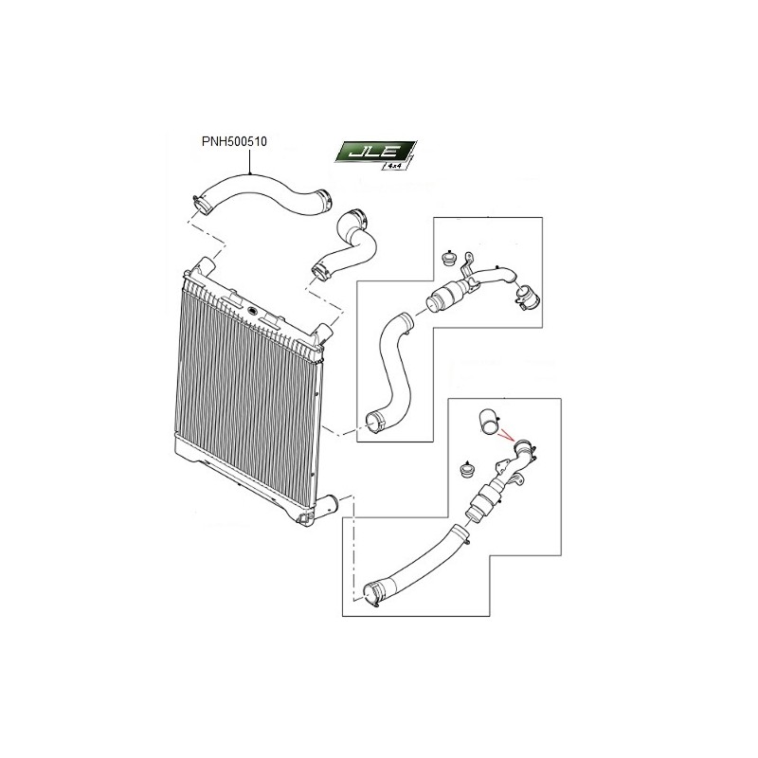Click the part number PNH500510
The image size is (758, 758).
(x=234, y=141)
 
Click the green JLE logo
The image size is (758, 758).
(x=374, y=152)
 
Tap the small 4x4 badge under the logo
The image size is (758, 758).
(x=395, y=165)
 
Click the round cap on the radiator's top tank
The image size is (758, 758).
(x=251, y=310)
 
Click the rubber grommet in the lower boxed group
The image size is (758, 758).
(x=466, y=468)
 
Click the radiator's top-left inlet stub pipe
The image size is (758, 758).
(x=205, y=265)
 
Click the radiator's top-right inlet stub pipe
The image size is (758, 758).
(x=322, y=334)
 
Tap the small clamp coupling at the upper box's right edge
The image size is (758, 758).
(x=527, y=298)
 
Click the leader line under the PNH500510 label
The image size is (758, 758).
(x=249, y=161)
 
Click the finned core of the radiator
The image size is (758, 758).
(x=246, y=387)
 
